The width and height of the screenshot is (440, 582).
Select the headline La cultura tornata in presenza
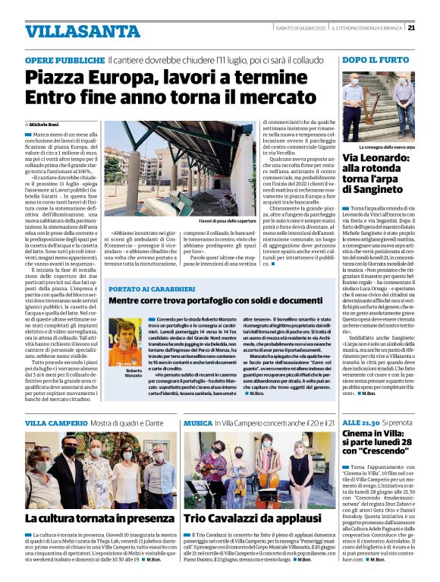tap(99, 517)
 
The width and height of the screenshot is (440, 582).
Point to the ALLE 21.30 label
tap(360, 422)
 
